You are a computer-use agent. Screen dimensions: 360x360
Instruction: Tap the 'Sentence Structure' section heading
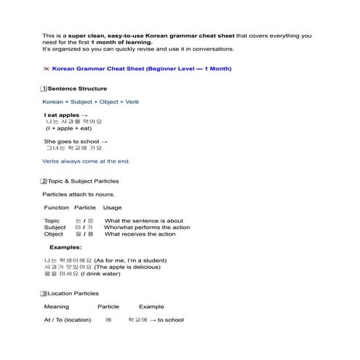(x=82, y=89)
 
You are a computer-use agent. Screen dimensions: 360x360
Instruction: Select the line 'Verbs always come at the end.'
(x=87, y=161)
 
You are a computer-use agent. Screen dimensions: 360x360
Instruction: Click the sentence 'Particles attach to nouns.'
(x=79, y=194)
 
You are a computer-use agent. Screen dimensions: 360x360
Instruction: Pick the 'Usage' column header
(x=113, y=208)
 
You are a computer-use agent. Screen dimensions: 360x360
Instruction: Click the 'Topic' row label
(x=52, y=220)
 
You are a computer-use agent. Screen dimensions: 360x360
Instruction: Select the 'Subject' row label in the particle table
(x=55, y=228)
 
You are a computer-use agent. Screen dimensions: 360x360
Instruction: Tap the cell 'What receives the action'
(x=140, y=234)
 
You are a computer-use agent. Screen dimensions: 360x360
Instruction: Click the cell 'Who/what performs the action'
(x=147, y=228)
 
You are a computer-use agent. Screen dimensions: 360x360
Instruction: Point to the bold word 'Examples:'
(x=65, y=247)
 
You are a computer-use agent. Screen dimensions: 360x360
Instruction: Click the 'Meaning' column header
(x=57, y=307)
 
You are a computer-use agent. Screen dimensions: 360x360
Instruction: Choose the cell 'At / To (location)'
(x=68, y=320)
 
